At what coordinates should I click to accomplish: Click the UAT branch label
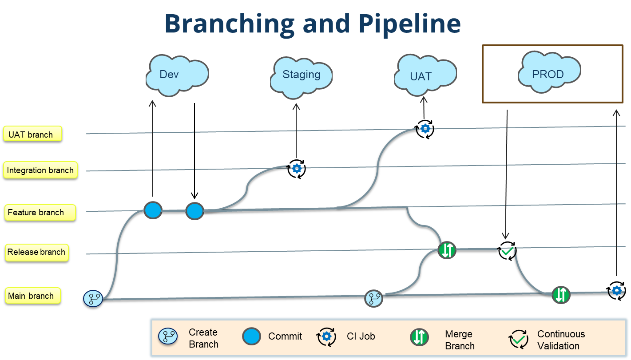[32, 134]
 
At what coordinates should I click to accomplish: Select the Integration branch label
[40, 170]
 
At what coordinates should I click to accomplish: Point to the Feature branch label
[40, 212]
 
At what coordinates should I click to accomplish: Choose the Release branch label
[37, 252]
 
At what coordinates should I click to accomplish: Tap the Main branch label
[32, 296]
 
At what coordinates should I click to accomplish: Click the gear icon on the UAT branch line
[425, 129]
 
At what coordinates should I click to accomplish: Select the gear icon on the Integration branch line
[297, 168]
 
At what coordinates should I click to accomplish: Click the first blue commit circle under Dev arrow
[153, 210]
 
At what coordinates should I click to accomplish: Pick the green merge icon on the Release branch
[447, 250]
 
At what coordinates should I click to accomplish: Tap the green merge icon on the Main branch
[561, 294]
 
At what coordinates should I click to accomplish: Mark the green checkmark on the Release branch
[506, 252]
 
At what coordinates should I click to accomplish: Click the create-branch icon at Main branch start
[93, 298]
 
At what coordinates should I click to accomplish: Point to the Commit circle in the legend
[251, 336]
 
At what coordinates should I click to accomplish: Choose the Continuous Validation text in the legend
[561, 340]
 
